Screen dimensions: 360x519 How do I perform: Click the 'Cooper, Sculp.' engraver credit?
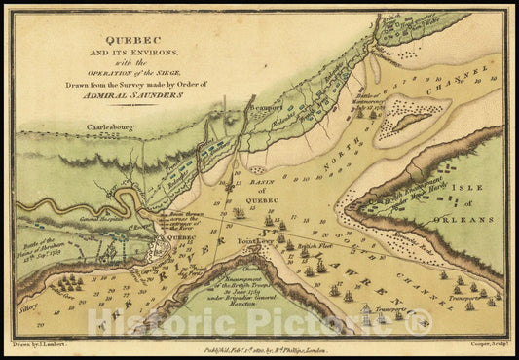475,342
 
